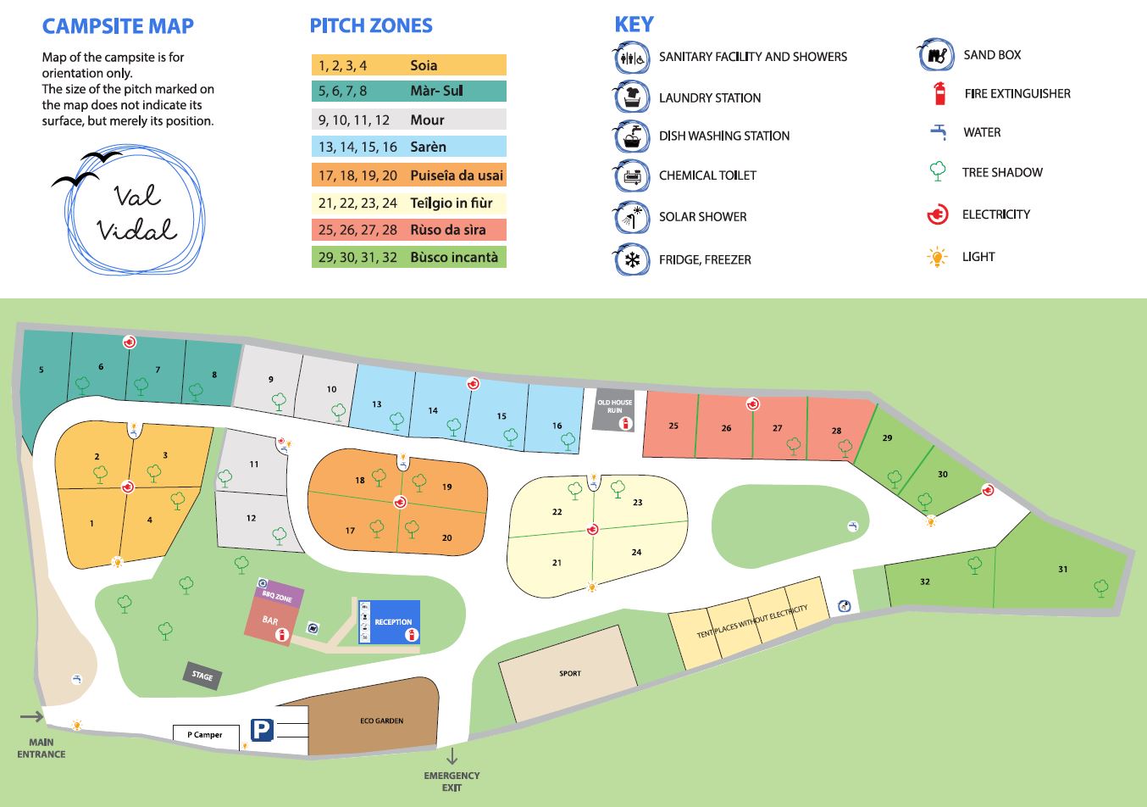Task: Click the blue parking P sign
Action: point(262,730)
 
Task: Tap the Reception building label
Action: point(393,622)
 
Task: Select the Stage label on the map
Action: point(202,676)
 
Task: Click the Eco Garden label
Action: point(382,721)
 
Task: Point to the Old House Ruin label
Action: point(614,406)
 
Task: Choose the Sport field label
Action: point(570,674)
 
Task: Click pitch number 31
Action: point(1062,570)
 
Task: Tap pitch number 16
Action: point(557,426)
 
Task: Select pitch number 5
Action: point(42,370)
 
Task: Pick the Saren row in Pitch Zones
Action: point(408,147)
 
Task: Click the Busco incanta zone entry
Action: point(408,257)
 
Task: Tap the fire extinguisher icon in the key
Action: point(939,93)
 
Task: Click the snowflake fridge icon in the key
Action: point(631,259)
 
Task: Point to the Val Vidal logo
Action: point(136,212)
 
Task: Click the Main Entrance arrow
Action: point(32,716)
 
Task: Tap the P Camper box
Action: point(205,735)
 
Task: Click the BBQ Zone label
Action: point(277,598)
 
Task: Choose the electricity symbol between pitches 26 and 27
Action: point(752,404)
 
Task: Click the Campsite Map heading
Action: point(118,26)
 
